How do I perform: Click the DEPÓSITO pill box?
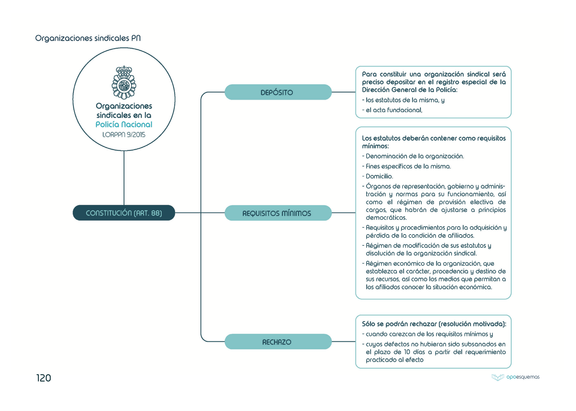(278, 92)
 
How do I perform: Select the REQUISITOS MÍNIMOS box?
(278, 213)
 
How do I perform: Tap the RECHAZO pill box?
(278, 342)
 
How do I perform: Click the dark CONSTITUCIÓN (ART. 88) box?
(124, 213)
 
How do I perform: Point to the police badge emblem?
(124, 82)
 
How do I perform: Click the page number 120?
(44, 378)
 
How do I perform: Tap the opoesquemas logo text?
(522, 377)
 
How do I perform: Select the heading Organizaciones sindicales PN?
(88, 38)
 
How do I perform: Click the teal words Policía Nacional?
(124, 124)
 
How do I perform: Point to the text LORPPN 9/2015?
(124, 135)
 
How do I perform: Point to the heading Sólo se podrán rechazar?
(434, 324)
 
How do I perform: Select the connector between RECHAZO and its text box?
(343, 342)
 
